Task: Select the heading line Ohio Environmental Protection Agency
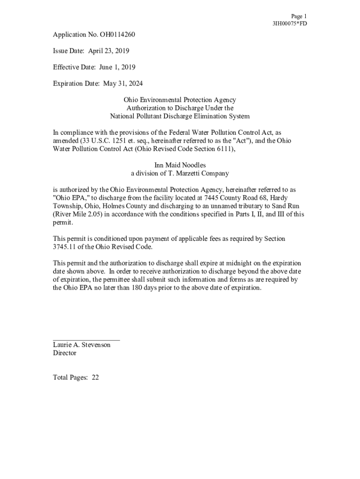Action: point(180,100)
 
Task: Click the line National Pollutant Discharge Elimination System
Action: point(180,116)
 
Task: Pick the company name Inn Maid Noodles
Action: point(180,165)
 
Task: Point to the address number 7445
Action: point(213,198)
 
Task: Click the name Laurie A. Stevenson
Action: point(82,345)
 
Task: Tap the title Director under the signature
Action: point(65,353)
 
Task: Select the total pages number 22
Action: point(95,377)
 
